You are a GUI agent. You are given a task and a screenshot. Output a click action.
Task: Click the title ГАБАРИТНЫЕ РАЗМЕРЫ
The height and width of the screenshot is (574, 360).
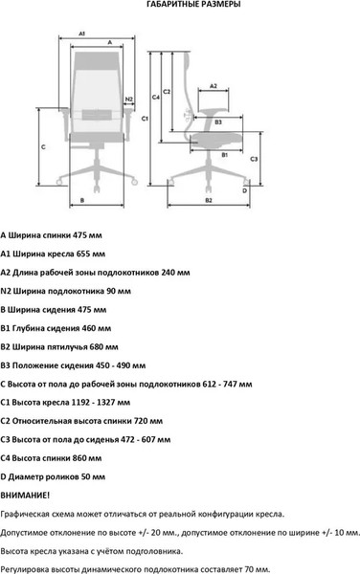pos(180,5)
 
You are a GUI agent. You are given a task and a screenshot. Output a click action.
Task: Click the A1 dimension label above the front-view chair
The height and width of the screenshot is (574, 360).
pos(82,33)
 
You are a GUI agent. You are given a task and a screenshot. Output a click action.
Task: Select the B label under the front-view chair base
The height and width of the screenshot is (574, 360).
pos(84,200)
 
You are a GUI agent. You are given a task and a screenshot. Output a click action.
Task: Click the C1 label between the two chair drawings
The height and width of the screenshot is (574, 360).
pos(145,120)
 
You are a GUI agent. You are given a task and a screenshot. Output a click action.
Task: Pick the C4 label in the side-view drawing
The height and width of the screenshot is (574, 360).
pos(156,98)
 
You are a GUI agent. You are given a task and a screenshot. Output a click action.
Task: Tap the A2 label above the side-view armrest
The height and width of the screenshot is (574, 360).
pos(214,86)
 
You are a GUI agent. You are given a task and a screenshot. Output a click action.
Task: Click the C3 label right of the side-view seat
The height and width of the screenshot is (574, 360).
pos(254,159)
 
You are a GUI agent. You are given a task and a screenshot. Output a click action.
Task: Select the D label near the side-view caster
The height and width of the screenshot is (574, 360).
pos(245,190)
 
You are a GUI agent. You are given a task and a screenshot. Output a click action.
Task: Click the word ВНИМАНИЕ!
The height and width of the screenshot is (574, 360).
pos(26,494)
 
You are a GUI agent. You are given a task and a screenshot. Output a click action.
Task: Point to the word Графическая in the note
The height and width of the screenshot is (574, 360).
pos(26,513)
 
